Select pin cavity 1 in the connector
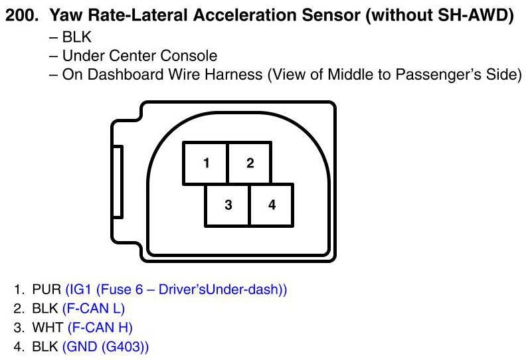[x=207, y=163]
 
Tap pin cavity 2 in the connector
[x=250, y=163]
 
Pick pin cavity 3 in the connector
[x=228, y=205]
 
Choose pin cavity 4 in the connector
[x=272, y=205]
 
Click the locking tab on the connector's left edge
[x=118, y=182]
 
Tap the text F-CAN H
[x=98, y=328]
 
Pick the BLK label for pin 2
[x=46, y=309]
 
